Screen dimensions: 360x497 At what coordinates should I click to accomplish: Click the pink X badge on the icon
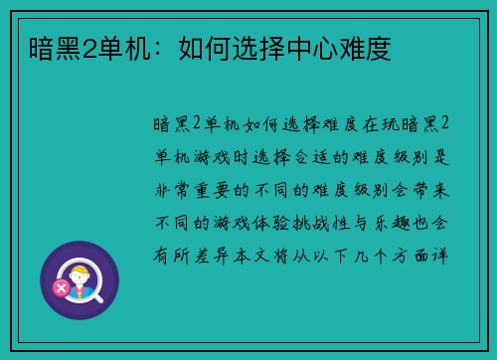point(61,288)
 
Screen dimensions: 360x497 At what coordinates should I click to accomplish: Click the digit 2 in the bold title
point(74,48)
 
